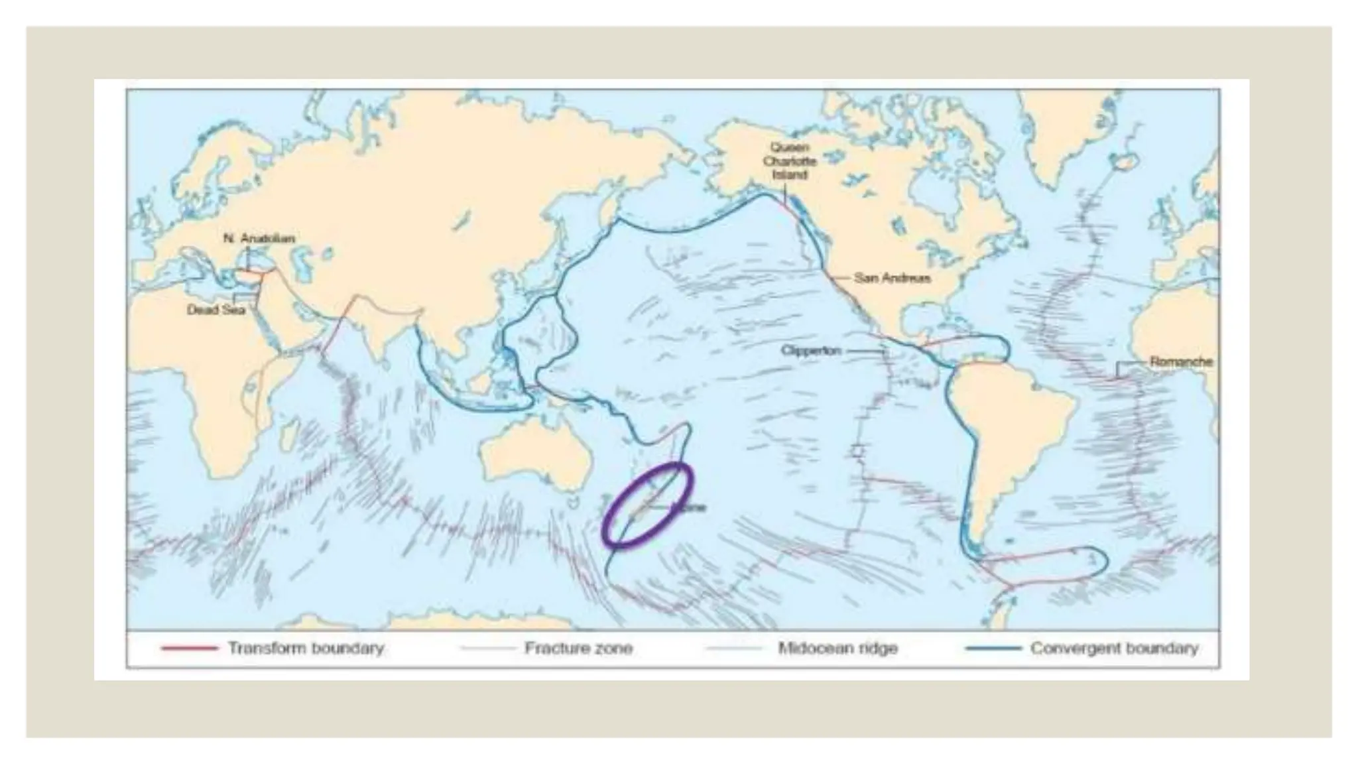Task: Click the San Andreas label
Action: tap(892, 278)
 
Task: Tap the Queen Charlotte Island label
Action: tap(789, 161)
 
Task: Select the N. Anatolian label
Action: tap(259, 238)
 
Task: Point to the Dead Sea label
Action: tap(216, 310)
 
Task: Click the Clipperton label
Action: tap(810, 350)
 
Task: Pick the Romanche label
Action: tap(1181, 362)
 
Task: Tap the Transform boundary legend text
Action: tap(306, 648)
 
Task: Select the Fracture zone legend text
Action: tap(578, 648)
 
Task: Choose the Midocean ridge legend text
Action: tap(837, 648)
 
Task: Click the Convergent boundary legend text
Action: tap(1114, 648)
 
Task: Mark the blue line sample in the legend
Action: tap(993, 649)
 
